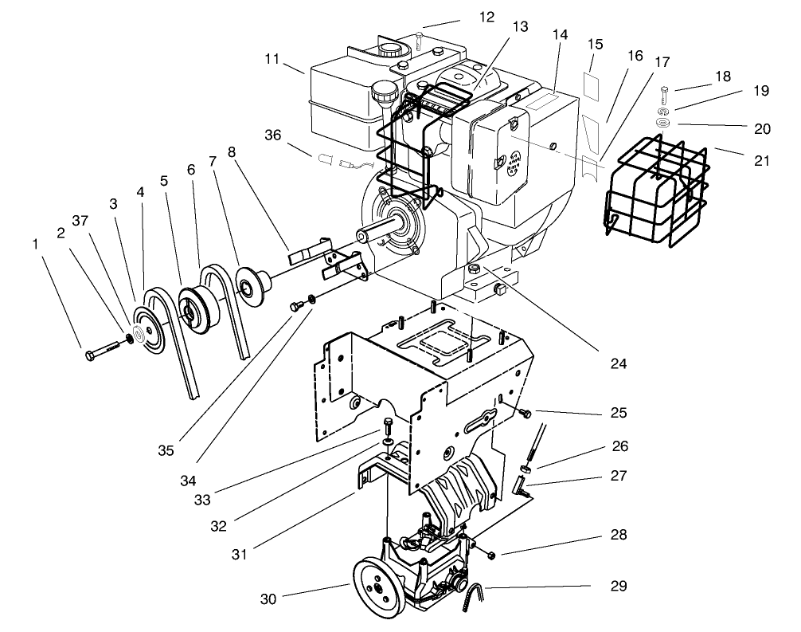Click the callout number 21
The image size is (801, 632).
click(x=762, y=161)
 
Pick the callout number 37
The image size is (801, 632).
click(x=79, y=220)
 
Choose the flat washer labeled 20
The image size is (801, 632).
click(x=662, y=124)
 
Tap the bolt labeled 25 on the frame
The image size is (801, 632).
click(x=525, y=413)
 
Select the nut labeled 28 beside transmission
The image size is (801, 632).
click(x=490, y=555)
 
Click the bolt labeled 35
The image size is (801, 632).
click(x=299, y=304)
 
